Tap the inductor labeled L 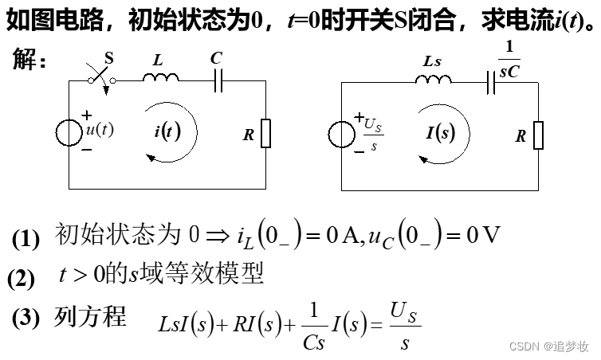pos(161,76)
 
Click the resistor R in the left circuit pos(265,134)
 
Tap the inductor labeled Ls pos(431,77)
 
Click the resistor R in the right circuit pos(538,135)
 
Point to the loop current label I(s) pos(440,132)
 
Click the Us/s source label pos(372,132)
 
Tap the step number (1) pos(26,238)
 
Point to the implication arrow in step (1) pos(218,236)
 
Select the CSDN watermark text pos(549,347)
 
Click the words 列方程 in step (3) pos(89,317)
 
